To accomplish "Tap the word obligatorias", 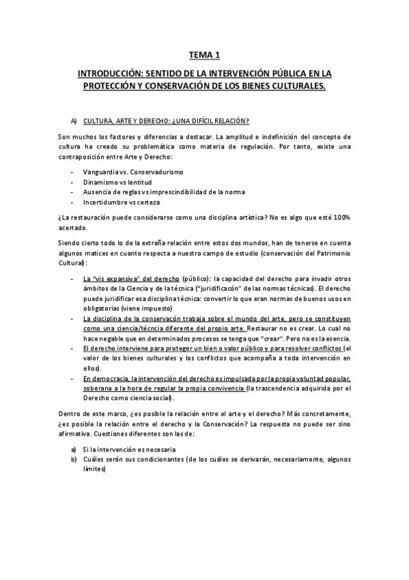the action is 104,308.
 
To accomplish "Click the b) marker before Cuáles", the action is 73,460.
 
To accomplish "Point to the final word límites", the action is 93,470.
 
